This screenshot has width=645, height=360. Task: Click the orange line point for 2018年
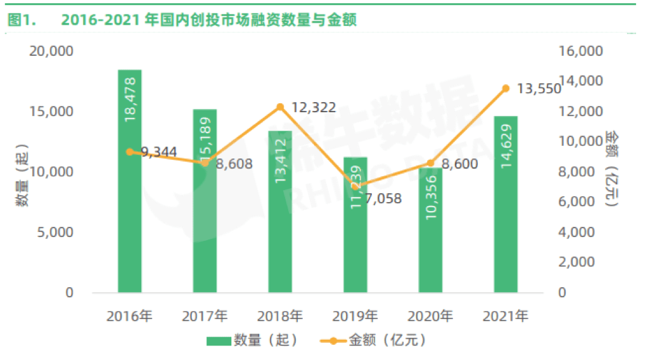point(279,107)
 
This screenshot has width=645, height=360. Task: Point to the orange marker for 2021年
point(506,89)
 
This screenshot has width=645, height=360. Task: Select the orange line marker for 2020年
point(430,163)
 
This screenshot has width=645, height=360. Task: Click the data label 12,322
point(314,107)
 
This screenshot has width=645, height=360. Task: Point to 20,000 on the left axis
point(51,51)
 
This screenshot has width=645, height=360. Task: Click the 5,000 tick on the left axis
point(56,233)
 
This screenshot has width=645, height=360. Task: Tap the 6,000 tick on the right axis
point(577,202)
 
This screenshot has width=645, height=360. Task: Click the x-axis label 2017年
point(205,315)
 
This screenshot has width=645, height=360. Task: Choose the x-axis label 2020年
point(430,315)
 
